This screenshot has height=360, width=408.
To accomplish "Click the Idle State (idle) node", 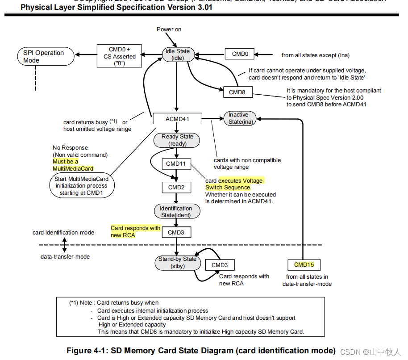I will coord(177,54).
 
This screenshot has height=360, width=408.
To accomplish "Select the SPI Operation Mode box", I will coord(44,56).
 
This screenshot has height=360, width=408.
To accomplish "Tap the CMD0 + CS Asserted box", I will coord(119,56).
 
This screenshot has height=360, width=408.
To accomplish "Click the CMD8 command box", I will coord(237,92).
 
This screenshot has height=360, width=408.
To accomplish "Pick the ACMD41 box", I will coord(177,118).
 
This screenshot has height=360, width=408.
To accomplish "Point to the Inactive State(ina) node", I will coord(238,118).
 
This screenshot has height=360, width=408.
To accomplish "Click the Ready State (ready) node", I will coord(177,140).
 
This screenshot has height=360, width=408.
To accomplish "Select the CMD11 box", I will coord(176,164).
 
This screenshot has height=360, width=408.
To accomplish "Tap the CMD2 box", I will coord(176,188).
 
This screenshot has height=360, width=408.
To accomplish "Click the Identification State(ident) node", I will coord(176,212).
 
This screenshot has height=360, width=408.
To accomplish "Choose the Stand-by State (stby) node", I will coord(177,263).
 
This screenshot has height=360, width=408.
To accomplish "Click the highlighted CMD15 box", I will coord(304,265).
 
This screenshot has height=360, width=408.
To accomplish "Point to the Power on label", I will coord(169,29).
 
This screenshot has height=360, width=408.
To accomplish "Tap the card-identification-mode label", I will coord(63,233).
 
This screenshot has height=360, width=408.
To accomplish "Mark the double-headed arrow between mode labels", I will coord(64,245).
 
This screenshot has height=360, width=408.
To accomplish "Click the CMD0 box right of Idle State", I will coord(240,54).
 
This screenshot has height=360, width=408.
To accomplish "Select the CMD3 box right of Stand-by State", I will coord(220,265).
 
